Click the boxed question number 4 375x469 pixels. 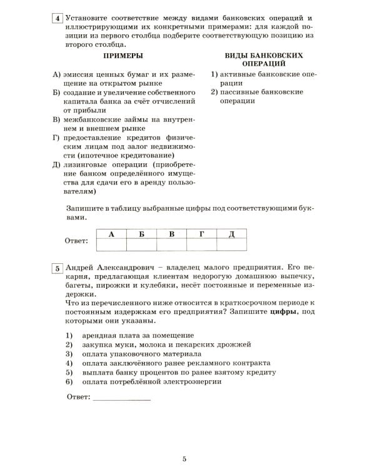point(57,19)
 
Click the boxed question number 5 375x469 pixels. point(57,268)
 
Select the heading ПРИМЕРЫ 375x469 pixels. point(124,56)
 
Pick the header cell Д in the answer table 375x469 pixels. point(231,234)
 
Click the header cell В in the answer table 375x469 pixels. point(171,234)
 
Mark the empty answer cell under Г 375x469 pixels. point(201,245)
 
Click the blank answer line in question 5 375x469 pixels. point(121,397)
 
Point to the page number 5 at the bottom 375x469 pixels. point(185,459)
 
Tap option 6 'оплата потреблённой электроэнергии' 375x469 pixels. point(151,381)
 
